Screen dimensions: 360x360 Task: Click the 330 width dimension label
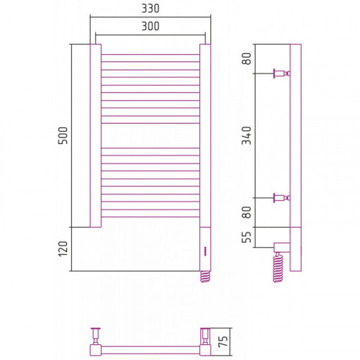[x=150, y=9]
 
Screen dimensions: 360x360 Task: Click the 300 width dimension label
[x=150, y=26]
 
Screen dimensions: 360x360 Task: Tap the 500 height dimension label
[x=63, y=135]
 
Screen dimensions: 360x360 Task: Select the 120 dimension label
[x=63, y=249]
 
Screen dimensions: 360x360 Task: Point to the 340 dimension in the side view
[x=246, y=135]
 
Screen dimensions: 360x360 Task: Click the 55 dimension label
[x=246, y=237]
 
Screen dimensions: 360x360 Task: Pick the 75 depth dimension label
[x=223, y=341]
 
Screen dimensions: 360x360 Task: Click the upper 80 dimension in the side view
[x=246, y=58]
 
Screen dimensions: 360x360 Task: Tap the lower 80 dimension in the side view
[x=246, y=212]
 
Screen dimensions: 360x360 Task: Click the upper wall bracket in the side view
[x=282, y=73]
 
